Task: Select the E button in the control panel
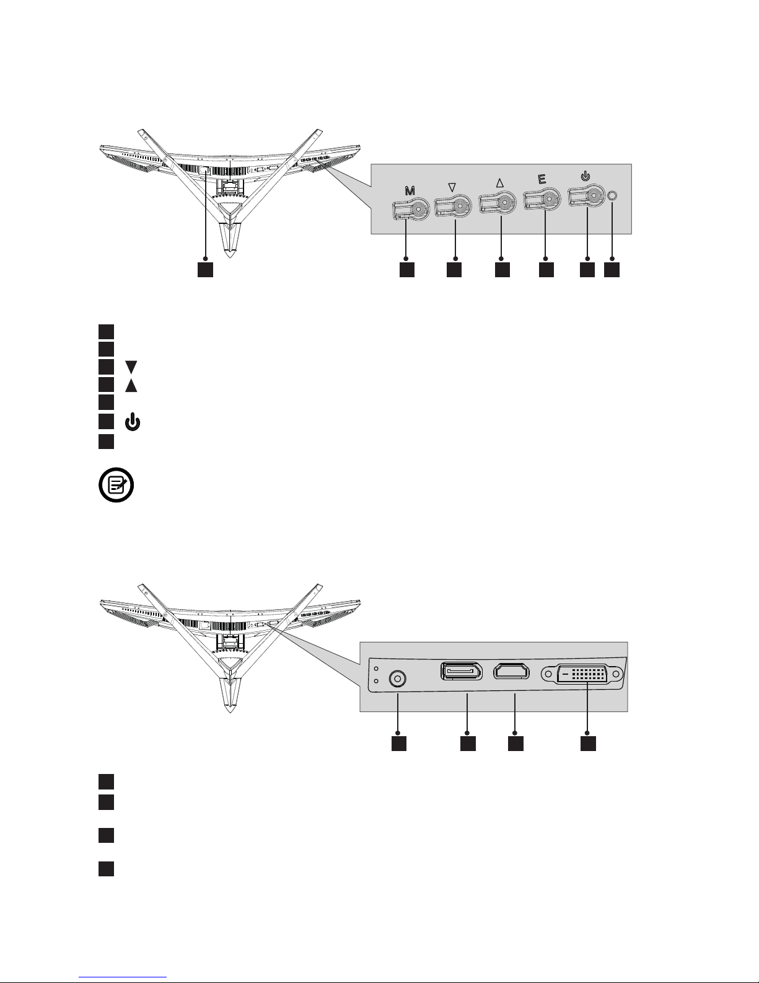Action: coord(543,202)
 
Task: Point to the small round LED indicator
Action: coord(612,195)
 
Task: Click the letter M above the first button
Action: coord(410,192)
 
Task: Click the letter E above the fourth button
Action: coord(542,180)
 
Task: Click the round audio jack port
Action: coord(397,678)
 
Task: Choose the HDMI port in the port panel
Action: coord(512,672)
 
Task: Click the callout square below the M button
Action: coord(406,270)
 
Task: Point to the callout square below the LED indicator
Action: coord(612,270)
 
